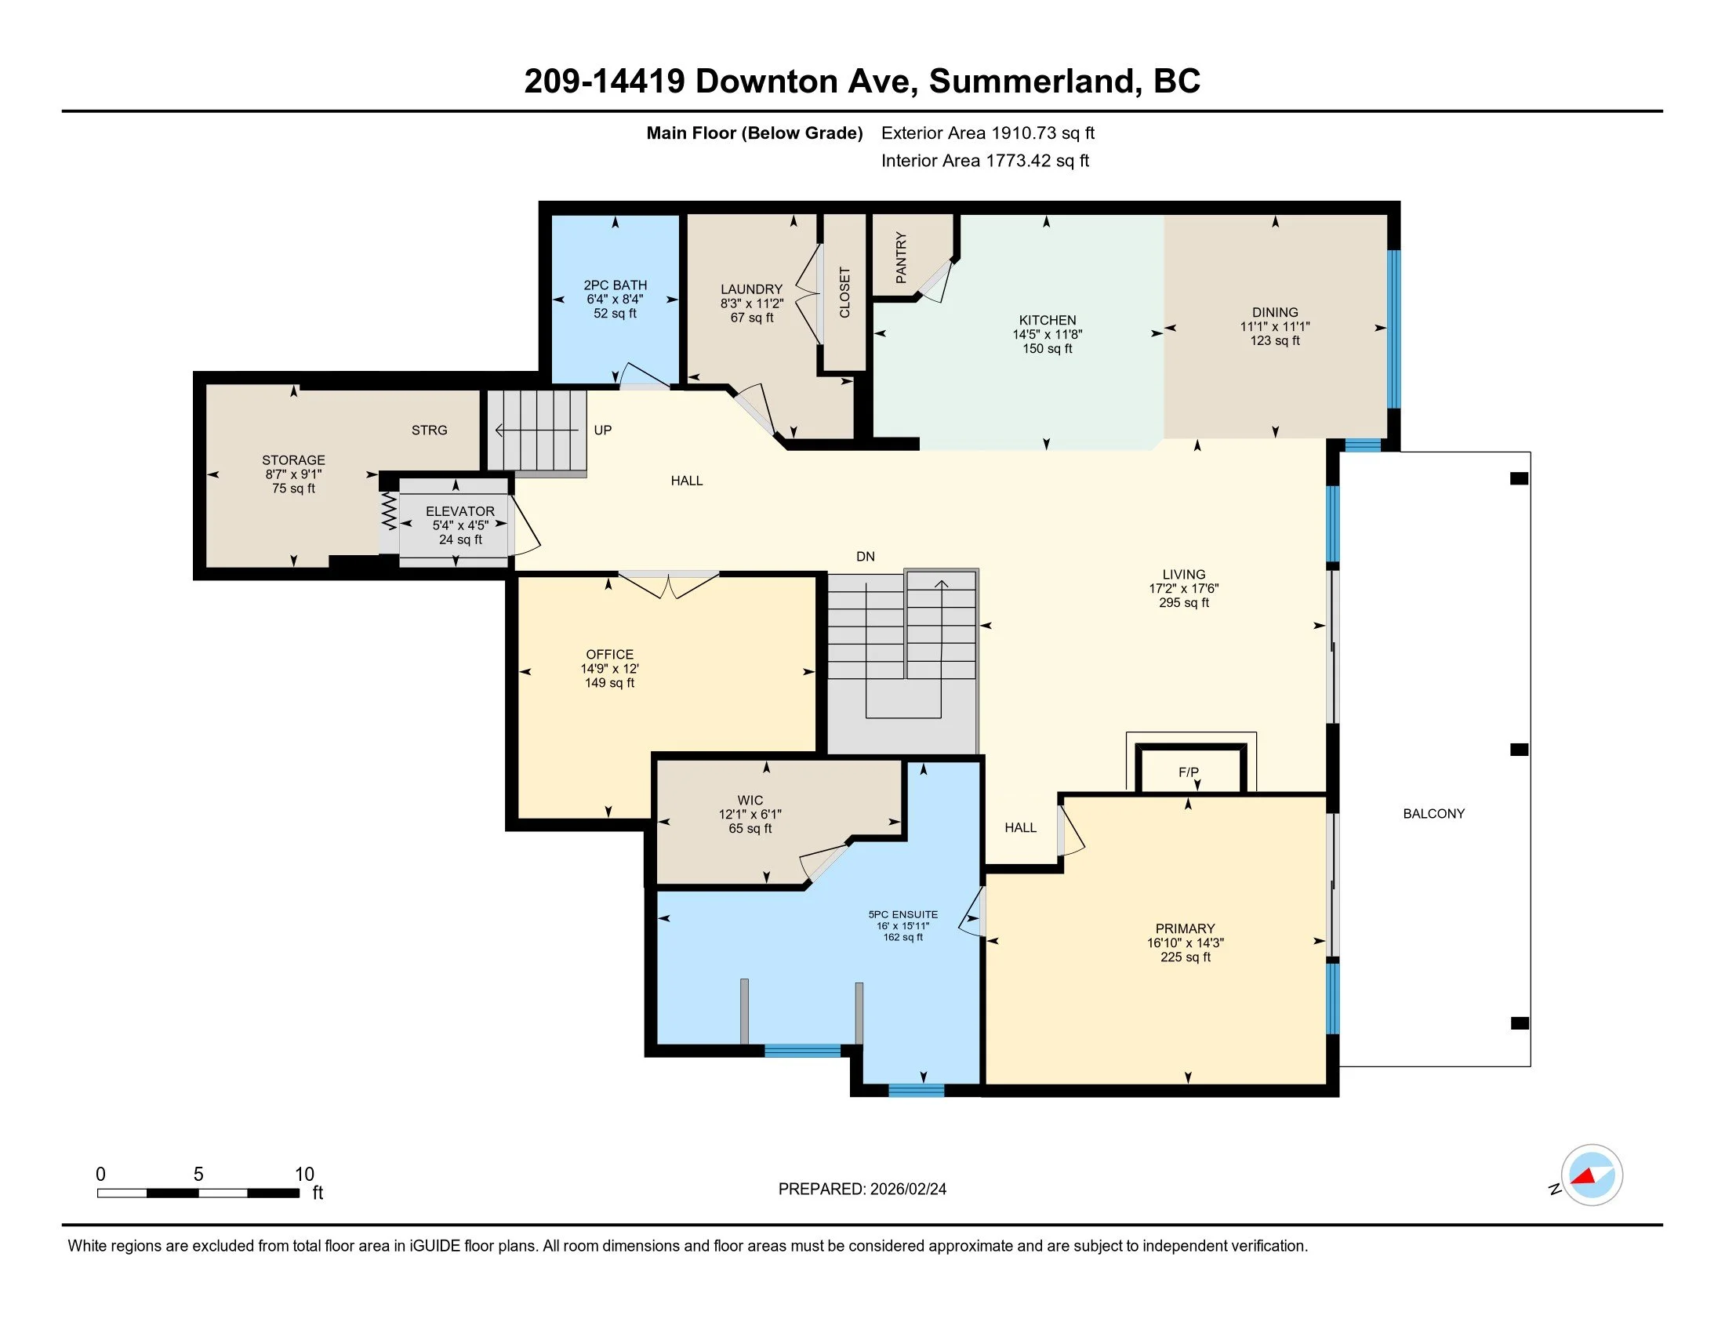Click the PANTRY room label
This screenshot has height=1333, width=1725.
click(901, 257)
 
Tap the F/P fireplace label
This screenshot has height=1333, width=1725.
click(1188, 772)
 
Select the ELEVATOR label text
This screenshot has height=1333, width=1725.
click(459, 511)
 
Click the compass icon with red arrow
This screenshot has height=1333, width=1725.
click(1592, 1175)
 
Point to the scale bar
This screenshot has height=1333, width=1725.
click(198, 1193)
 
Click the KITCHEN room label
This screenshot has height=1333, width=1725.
click(1048, 320)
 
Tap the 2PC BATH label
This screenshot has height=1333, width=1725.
click(616, 285)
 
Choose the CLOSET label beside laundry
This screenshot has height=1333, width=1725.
click(844, 292)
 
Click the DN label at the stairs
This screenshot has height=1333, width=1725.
click(866, 557)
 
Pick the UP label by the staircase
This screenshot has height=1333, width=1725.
click(603, 430)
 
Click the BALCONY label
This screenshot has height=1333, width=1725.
click(1433, 813)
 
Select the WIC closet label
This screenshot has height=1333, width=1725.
click(750, 800)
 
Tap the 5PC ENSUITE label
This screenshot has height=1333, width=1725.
click(902, 914)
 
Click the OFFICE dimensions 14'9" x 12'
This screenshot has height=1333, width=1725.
click(610, 669)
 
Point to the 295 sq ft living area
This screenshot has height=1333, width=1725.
click(1184, 602)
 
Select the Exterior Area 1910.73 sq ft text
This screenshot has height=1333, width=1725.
click(988, 133)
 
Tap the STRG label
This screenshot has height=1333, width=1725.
click(429, 430)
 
